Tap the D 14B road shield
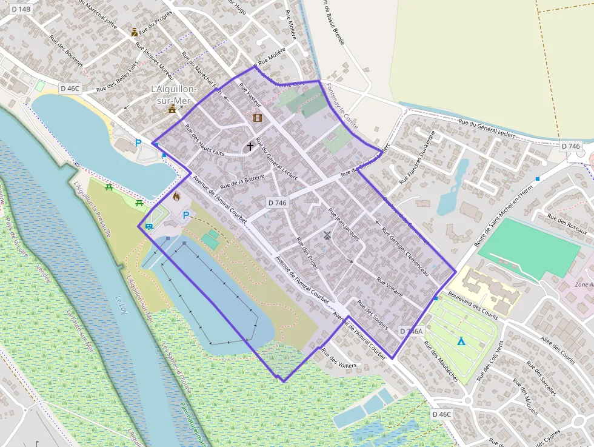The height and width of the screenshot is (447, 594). pos(20,8)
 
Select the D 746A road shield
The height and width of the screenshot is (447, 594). pos(412,331)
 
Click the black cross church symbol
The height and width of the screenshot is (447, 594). pos(250,146)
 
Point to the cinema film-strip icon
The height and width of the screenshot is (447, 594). pos(258,118)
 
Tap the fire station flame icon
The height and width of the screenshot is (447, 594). pos(176,197)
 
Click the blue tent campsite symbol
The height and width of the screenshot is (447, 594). pos(461,341)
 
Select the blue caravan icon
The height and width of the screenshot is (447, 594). pos(149,226)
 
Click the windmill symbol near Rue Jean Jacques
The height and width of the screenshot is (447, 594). pos(327,235)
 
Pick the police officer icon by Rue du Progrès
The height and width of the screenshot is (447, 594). pos(134,32)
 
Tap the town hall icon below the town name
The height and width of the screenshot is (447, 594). pos(172,109)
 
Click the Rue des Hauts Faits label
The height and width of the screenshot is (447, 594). pos(204,140)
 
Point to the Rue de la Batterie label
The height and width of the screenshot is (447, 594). pos(241,181)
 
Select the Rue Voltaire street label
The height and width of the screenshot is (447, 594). pos(390,287)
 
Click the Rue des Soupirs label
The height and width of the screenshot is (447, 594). pos(373,314)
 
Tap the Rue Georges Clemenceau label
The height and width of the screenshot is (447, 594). pos(405,252)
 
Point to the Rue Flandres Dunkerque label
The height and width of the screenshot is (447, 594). pos(418,157)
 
